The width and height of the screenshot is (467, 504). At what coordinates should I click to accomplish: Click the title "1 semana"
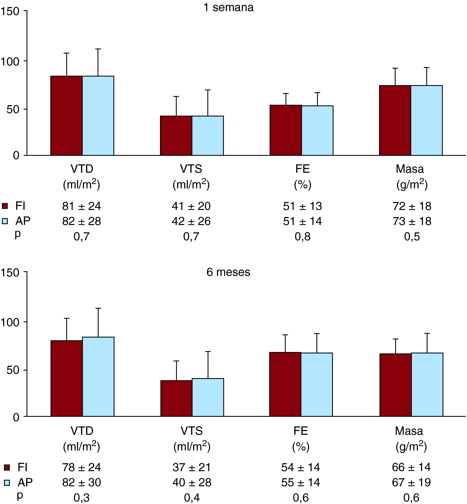(228, 8)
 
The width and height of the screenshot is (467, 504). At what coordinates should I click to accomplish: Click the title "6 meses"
(228, 272)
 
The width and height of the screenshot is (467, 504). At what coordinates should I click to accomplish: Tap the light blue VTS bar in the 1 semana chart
(208, 135)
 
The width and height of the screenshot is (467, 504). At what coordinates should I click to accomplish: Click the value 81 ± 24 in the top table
(82, 206)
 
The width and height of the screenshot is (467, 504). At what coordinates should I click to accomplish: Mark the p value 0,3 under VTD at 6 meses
(82, 498)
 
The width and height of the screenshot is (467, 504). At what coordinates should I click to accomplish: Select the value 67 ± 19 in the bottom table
(411, 482)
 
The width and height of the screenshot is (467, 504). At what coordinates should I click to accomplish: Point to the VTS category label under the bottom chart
(192, 431)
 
